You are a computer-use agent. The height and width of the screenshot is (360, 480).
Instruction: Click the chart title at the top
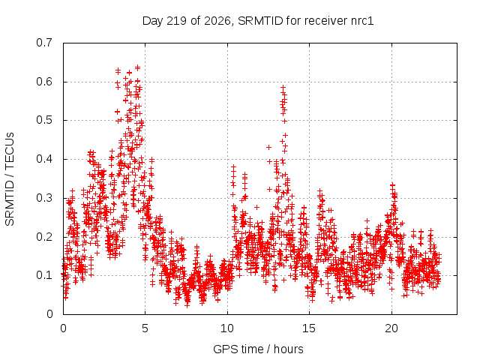point(258,21)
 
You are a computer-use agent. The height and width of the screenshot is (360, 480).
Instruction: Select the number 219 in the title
point(176,21)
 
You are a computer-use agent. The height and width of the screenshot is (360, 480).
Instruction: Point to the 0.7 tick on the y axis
point(44,43)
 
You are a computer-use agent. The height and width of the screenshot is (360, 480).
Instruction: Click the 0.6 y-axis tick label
point(44,82)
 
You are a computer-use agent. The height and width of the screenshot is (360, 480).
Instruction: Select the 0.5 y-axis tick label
point(44,120)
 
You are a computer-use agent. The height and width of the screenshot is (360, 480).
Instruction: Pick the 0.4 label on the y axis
point(44,159)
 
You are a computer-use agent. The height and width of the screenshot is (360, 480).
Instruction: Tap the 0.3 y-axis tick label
point(44,198)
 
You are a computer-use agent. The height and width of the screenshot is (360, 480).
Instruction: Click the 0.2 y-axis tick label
point(44,237)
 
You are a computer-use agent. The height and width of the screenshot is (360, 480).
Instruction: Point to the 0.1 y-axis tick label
point(44,275)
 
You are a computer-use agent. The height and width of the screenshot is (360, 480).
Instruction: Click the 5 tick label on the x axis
point(145,328)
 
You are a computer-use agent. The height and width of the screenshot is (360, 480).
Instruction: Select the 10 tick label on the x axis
point(227,328)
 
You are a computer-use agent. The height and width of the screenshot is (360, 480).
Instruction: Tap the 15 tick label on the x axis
point(309,328)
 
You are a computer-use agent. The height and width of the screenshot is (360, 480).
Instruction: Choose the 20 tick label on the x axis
point(391,328)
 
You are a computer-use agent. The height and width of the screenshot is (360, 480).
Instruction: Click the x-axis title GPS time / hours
point(258,349)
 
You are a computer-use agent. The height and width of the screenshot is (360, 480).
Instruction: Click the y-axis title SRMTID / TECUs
point(10,179)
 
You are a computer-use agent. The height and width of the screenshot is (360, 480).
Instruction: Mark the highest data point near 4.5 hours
point(137,67)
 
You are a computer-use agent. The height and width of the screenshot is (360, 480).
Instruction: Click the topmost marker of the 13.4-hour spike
point(283,88)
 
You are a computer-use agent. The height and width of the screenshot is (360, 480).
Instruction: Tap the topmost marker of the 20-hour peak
point(392,184)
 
